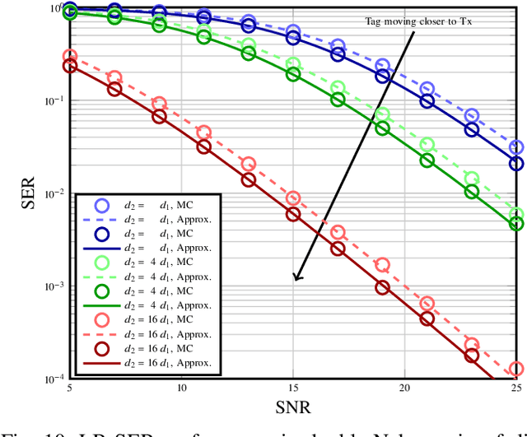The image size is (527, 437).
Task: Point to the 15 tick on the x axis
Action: [293, 388]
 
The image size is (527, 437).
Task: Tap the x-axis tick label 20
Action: [404, 388]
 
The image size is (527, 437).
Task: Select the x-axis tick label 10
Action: [181, 388]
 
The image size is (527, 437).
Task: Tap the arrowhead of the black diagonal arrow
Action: [297, 277]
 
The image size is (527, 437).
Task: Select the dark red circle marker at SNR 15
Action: [293, 214]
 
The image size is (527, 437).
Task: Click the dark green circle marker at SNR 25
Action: [516, 222]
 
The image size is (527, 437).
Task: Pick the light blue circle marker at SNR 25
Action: [516, 148]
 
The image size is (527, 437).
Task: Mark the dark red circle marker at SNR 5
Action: [70, 66]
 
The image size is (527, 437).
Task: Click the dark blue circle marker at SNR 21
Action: [427, 101]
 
